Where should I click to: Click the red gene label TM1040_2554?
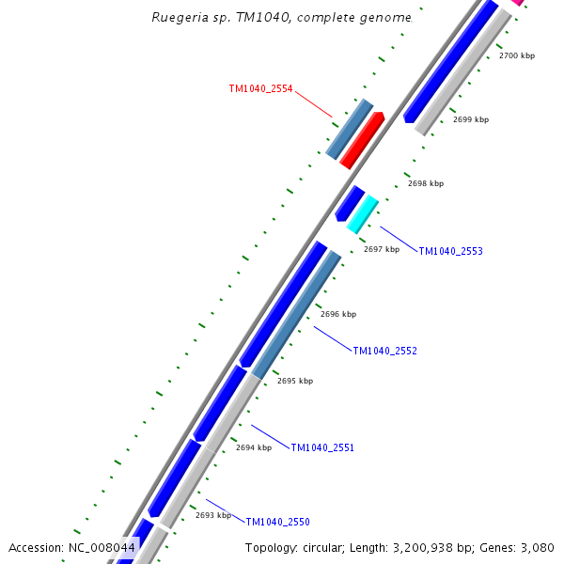pos(260,89)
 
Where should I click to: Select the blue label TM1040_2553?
pos(450,252)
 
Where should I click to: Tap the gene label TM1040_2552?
pos(384,352)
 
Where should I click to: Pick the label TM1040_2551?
pos(322,448)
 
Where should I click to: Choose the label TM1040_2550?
pos(277,523)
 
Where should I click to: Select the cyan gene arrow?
pos(363,214)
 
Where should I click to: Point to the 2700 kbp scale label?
pos(516,56)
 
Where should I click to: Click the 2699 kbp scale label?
pos(471,120)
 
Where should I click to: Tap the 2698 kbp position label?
pos(426,184)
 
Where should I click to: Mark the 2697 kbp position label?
pos(382,250)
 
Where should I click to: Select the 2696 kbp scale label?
pos(338,315)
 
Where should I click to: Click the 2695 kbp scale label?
pos(295,382)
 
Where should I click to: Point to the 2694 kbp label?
pos(254,448)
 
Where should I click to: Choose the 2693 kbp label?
pos(213,515)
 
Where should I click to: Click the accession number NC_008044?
pos(102,548)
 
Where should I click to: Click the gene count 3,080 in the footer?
pos(538,548)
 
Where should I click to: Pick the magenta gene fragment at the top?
pos(516,3)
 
